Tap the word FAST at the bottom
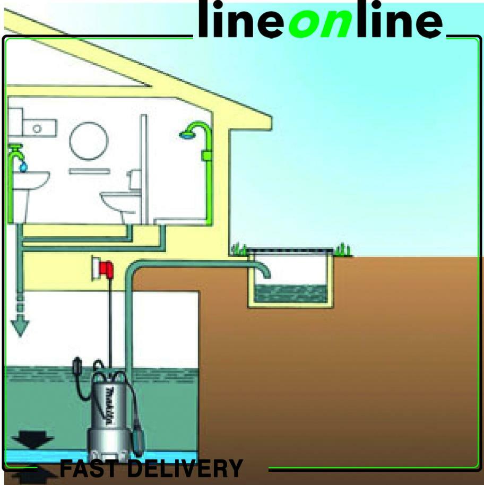91,469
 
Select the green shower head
187,134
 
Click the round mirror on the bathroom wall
89,141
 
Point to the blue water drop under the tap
22,167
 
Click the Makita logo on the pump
109,405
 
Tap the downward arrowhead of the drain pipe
20,327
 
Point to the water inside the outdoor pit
291,292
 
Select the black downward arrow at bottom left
32,440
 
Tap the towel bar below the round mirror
89,171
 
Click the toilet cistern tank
135,179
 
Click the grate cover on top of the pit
291,250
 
